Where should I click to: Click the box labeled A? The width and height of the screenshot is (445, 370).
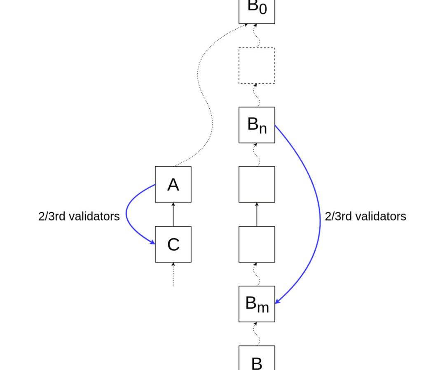pyautogui.click(x=173, y=184)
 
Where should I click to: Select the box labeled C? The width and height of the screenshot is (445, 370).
pyautogui.click(x=173, y=244)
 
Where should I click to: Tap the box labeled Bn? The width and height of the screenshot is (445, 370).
pyautogui.click(x=257, y=125)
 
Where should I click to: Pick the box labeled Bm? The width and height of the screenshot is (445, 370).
pyautogui.click(x=257, y=304)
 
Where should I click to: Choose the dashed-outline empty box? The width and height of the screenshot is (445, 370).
pyautogui.click(x=257, y=65)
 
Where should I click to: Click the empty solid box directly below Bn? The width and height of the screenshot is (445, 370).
pyautogui.click(x=257, y=184)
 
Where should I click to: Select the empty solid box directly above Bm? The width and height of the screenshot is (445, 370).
pyautogui.click(x=257, y=244)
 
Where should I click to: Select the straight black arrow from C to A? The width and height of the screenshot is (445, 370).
pyautogui.click(x=173, y=214)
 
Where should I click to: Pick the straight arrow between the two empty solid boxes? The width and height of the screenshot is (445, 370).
pyautogui.click(x=257, y=214)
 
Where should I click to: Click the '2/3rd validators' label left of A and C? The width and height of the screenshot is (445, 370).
pyautogui.click(x=79, y=216)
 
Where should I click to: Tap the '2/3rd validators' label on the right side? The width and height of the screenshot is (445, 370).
pyautogui.click(x=365, y=216)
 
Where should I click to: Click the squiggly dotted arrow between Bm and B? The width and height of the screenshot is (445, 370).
pyautogui.click(x=257, y=334)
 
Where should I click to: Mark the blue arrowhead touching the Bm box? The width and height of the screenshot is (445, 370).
pyautogui.click(x=277, y=302)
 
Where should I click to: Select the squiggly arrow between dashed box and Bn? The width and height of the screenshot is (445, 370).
pyautogui.click(x=257, y=95)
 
